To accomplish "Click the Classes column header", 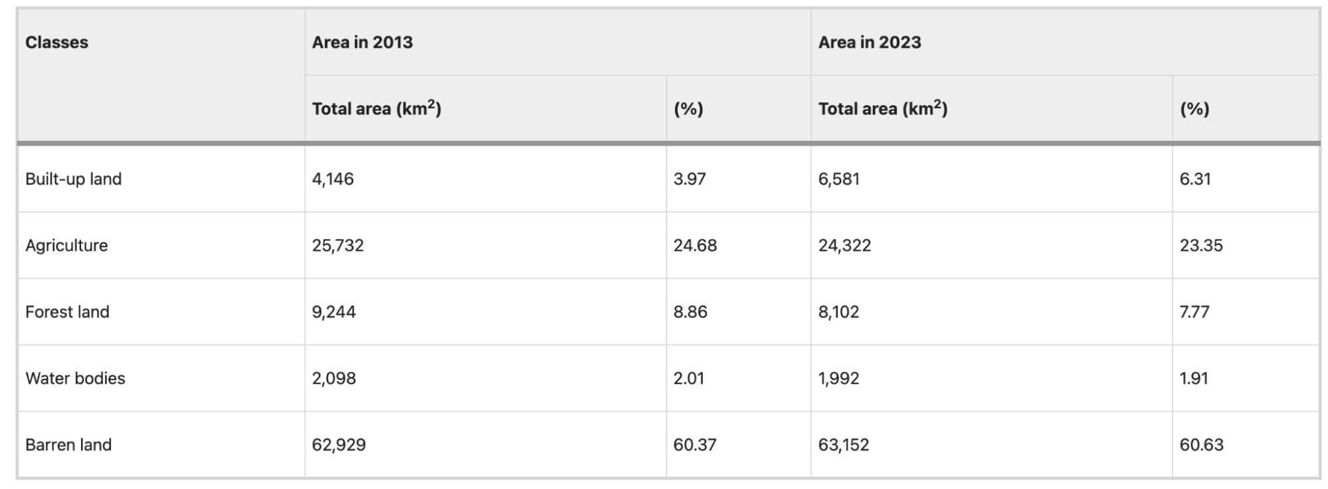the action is tap(56, 43).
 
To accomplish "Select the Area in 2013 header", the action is tap(362, 43).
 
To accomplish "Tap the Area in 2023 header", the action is tap(870, 43).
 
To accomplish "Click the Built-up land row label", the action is tap(73, 179).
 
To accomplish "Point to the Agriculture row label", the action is tap(66, 245).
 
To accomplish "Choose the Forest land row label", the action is tap(67, 312).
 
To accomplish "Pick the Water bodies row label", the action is tap(75, 378).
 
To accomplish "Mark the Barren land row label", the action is tap(68, 444).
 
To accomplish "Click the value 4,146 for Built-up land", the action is tap(333, 179).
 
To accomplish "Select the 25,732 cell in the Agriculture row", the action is tap(338, 245).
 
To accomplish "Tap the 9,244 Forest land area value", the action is tap(334, 312).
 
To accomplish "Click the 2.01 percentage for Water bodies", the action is tap(688, 378).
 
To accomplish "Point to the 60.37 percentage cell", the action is tap(695, 444).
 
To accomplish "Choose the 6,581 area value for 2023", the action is tap(839, 179).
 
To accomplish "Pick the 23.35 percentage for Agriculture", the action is tap(1201, 245).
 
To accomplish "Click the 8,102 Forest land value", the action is tap(839, 312).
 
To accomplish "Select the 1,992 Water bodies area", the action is tap(839, 378).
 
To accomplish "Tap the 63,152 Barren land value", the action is tap(844, 444).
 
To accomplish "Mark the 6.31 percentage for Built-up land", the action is tap(1195, 179).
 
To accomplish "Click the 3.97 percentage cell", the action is tap(690, 179).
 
